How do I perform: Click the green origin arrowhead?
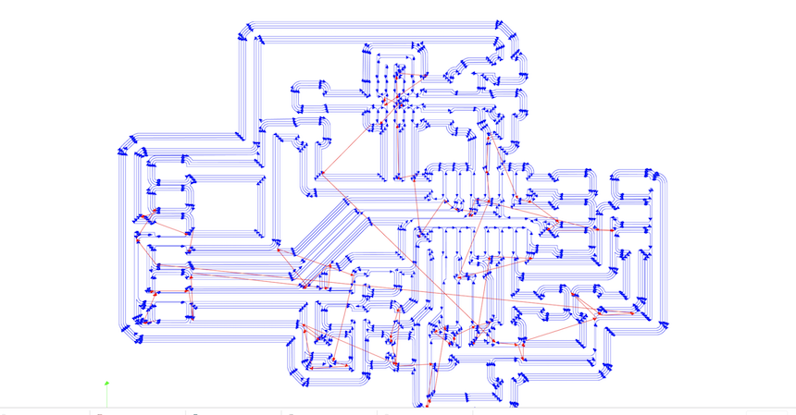tap(107, 382)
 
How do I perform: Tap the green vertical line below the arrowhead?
tap(107, 395)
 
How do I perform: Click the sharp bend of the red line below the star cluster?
tap(320, 173)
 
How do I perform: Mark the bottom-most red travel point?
tap(429, 403)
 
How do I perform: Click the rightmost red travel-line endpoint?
tap(635, 312)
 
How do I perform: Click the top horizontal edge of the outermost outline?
tap(370, 18)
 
